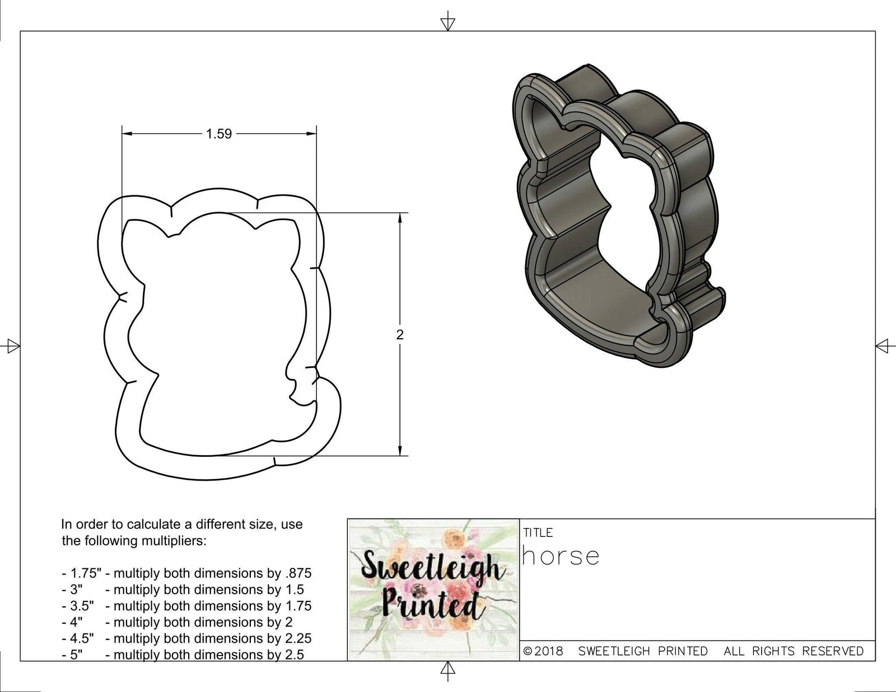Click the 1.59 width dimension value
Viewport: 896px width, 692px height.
click(x=218, y=134)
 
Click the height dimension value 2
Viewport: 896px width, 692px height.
click(x=399, y=335)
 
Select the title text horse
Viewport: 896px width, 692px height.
click(x=561, y=556)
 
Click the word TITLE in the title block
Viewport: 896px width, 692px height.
click(x=538, y=532)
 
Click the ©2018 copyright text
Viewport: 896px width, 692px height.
click(x=543, y=651)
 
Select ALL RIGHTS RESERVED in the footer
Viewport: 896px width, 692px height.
click(x=794, y=651)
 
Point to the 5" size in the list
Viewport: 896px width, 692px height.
click(x=72, y=654)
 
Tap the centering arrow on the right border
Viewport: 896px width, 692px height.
click(x=883, y=346)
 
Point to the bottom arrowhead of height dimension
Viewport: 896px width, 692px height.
click(x=399, y=451)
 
